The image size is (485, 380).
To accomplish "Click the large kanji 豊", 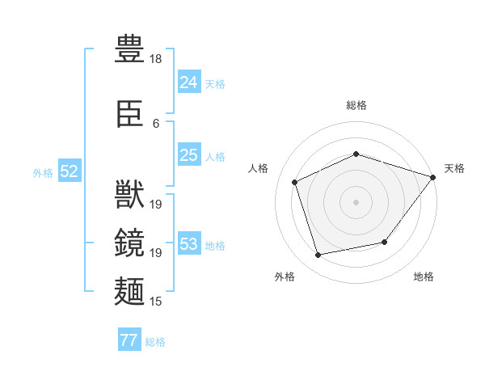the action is pos(129,49).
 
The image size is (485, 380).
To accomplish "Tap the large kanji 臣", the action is pos(129,113).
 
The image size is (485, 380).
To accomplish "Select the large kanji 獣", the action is pos(129,194).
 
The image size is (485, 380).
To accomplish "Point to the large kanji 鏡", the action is pos(129,243).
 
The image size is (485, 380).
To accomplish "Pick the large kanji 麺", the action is pos(129,291).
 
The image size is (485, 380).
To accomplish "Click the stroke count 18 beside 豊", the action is pos(155,59).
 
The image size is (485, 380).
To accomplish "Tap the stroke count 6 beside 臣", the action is pos(156,124).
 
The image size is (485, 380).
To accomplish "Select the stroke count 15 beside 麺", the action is pos(155,302).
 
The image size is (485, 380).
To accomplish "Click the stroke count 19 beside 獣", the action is pos(155,205).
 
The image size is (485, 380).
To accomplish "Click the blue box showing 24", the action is pos(189,82).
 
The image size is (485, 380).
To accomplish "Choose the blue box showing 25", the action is pos(189,154).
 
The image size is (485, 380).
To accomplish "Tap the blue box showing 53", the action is pos(189,243).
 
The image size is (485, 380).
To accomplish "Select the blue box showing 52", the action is pos(70,171).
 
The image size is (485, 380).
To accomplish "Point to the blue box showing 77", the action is pos(129,339).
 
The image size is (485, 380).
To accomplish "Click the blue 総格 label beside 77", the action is pos(155,342).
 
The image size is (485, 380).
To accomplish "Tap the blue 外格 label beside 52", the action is pos(43,173).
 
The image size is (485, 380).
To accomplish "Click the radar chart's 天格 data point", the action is pos(432,177).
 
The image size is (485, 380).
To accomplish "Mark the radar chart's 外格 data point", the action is pos(318,255).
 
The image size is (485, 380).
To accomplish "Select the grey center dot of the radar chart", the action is pos(356,202).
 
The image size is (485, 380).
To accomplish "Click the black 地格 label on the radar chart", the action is pos(424,277).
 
